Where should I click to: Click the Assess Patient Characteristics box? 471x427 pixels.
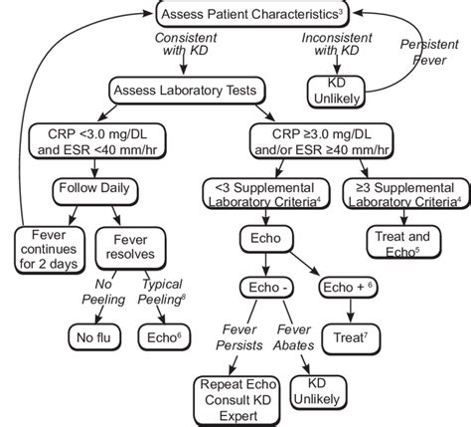[249, 14]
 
